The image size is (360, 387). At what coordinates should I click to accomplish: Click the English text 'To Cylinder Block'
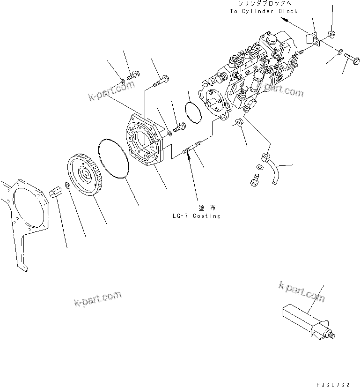point(263,11)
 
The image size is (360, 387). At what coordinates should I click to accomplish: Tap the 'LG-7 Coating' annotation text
point(196,216)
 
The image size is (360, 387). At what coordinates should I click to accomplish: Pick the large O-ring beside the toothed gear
point(114,158)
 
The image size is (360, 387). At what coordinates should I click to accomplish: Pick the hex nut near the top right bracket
point(331,34)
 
